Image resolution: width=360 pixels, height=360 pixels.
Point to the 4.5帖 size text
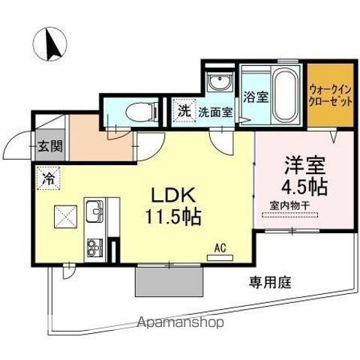pyautogui.click(x=302, y=184)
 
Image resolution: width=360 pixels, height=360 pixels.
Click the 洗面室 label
pyautogui.click(x=215, y=112)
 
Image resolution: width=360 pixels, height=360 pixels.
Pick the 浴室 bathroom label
pyautogui.click(x=255, y=97)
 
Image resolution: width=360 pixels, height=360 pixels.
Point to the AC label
pyautogui.click(x=220, y=245)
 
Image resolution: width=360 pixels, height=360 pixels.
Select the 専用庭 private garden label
pyautogui.click(x=270, y=283)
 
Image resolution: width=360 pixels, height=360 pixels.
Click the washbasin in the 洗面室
pyautogui.click(x=220, y=82)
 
